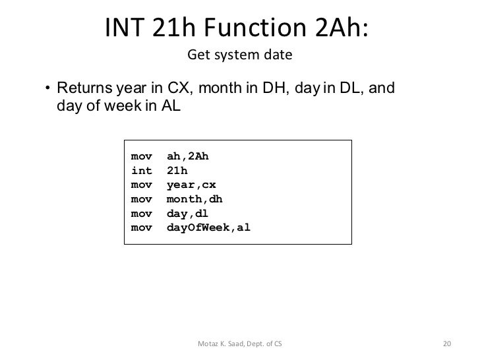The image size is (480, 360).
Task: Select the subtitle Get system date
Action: coord(239,55)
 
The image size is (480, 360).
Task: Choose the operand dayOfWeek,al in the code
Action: coord(209,229)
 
